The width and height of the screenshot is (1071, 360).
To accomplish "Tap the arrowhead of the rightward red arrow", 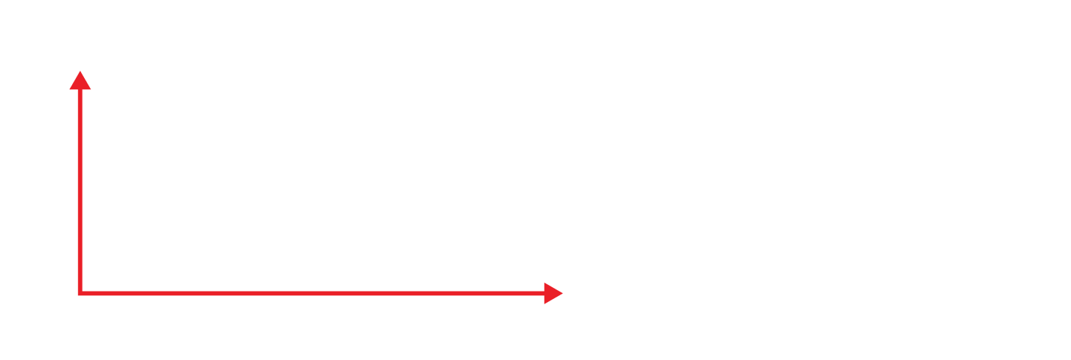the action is (553, 294).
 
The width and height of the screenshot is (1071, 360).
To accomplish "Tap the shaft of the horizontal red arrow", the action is (312, 294).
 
